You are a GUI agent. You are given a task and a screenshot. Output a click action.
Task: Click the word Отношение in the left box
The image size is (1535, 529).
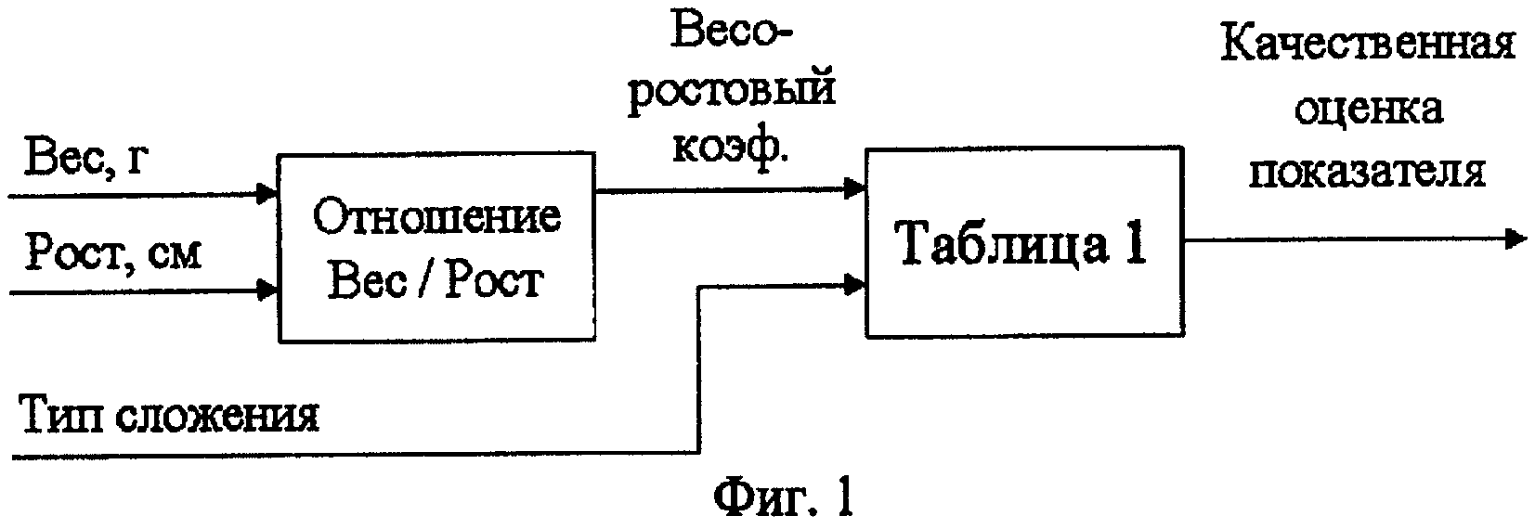click(x=436, y=218)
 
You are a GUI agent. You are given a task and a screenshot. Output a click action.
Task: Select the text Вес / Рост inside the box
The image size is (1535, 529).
click(x=436, y=281)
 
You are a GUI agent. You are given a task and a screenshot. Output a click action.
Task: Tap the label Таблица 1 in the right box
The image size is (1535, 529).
click(x=1022, y=243)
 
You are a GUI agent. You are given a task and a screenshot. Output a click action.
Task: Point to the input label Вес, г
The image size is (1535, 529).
click(x=85, y=159)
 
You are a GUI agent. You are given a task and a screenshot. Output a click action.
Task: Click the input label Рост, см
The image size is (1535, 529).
click(x=113, y=252)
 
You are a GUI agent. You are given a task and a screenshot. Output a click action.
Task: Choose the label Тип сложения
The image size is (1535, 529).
click(x=171, y=414)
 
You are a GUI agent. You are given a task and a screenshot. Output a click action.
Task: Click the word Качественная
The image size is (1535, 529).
click(x=1368, y=45)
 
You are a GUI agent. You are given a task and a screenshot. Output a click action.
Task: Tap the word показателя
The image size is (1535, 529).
click(x=1368, y=172)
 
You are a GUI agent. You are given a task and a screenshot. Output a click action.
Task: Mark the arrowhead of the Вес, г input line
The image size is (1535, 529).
click(x=267, y=194)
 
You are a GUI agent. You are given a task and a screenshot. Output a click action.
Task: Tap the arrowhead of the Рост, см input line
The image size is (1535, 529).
click(x=267, y=290)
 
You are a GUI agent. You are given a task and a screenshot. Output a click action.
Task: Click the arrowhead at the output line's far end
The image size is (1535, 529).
click(x=1515, y=239)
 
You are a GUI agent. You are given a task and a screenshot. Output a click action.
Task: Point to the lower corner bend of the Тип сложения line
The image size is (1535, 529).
click(x=698, y=452)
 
